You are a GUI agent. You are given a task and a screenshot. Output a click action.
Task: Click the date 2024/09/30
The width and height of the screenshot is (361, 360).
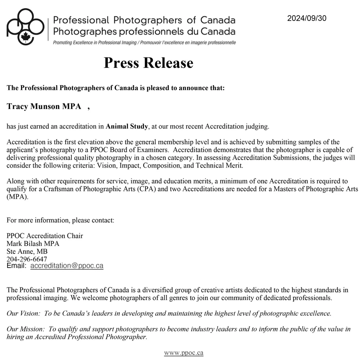tap(306, 18)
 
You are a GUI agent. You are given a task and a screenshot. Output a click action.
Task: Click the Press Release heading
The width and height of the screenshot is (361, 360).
tap(148, 63)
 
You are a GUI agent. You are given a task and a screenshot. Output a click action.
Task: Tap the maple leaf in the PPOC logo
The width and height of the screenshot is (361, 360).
tap(26, 37)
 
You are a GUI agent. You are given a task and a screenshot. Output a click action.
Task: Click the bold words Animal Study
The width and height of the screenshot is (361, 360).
tap(127, 126)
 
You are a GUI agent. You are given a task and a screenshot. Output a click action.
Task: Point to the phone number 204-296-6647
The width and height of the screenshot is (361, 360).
tap(27, 259)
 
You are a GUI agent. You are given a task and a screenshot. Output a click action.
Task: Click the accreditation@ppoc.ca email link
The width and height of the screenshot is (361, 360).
tap(67, 266)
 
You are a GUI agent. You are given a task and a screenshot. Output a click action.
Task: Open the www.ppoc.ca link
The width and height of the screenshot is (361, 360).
tap(184, 353)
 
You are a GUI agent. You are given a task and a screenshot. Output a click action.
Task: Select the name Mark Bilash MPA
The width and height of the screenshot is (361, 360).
tap(33, 244)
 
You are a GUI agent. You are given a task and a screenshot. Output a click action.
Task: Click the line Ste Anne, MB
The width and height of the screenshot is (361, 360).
tap(27, 251)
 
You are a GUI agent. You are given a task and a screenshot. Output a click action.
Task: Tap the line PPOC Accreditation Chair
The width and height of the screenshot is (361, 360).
tap(45, 236)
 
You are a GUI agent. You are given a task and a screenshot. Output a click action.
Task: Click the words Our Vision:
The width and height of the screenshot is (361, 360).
tap(23, 313)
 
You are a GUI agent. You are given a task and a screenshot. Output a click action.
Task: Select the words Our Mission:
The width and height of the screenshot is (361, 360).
tap(26, 329)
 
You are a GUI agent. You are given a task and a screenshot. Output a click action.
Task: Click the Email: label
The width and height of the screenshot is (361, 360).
tap(16, 266)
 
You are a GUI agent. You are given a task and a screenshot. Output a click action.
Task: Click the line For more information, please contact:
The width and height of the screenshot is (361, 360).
tap(60, 220)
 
